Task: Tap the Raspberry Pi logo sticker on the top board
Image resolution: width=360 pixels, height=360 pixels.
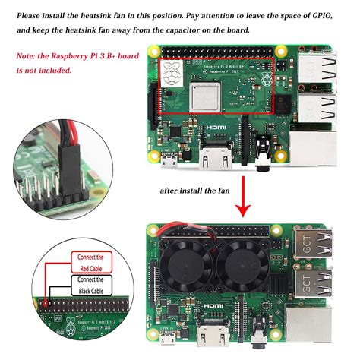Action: [171, 73]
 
